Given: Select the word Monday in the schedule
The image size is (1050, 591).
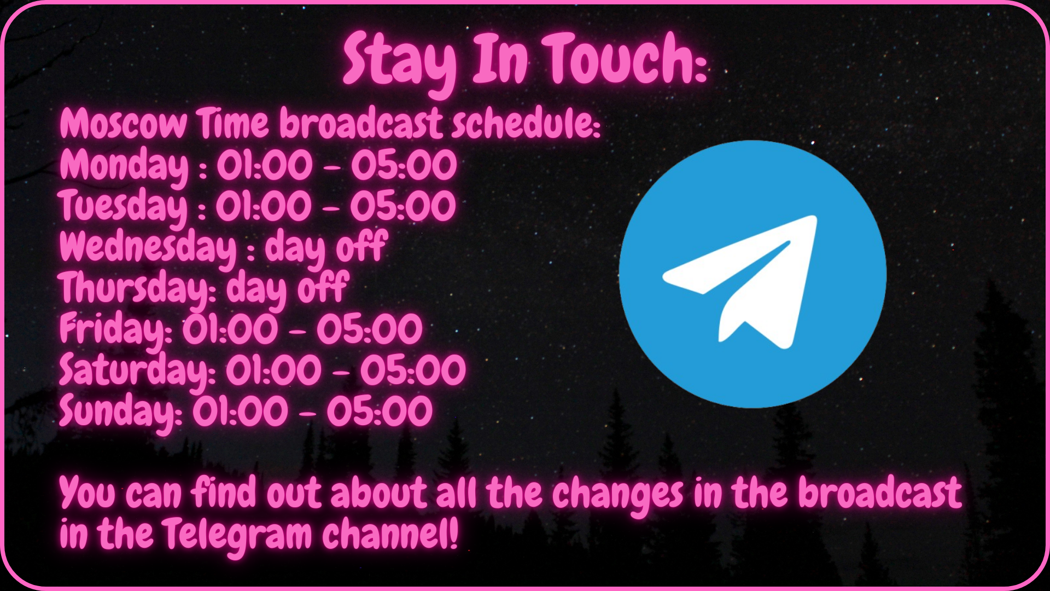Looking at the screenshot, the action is pyautogui.click(x=124, y=166).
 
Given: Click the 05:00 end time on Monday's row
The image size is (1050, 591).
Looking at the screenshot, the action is pyautogui.click(x=404, y=166).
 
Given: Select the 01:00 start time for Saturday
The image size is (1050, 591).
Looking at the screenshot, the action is pyautogui.click(x=273, y=371).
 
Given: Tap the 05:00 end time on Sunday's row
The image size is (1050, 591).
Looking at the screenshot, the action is pyautogui.click(x=380, y=412).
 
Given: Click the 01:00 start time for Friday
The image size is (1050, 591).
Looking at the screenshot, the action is pyautogui.click(x=230, y=330).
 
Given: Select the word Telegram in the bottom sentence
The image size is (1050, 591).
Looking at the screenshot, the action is pyautogui.click(x=236, y=535).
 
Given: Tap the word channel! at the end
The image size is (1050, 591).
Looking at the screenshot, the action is pyautogui.click(x=390, y=534).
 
